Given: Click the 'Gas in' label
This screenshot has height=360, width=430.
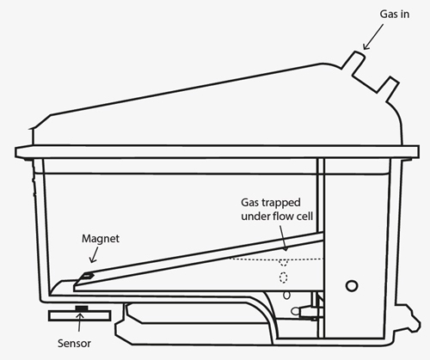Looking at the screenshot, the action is (x=394, y=15).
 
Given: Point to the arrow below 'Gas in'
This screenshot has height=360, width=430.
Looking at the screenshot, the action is (x=373, y=37).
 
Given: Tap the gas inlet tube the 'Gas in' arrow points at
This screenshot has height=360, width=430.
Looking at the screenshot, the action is (x=353, y=61).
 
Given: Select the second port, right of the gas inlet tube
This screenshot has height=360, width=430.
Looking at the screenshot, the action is (x=388, y=88).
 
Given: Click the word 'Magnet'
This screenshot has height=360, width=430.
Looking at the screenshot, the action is (x=101, y=239).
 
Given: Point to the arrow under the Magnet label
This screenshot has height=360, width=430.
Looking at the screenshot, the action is (x=94, y=255).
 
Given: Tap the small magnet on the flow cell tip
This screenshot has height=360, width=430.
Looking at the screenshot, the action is (x=87, y=276).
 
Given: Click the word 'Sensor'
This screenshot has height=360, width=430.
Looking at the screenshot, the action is (x=74, y=343).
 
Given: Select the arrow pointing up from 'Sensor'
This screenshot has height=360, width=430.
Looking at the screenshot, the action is (x=80, y=322).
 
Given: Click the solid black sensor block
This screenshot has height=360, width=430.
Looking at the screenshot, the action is (x=82, y=308).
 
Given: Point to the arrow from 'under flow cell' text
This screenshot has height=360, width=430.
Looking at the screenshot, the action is (x=283, y=237).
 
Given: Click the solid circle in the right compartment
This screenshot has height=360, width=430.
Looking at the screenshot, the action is (x=352, y=286).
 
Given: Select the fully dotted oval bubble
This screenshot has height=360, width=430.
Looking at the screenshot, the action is (x=284, y=278).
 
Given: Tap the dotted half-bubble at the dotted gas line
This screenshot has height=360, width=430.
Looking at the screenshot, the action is (x=284, y=262).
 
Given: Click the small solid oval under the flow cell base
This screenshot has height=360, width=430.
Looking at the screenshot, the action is (x=286, y=296).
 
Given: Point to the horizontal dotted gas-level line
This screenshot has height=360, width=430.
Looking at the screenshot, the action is (x=277, y=259).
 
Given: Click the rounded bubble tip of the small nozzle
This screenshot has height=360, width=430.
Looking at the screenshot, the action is (x=294, y=311).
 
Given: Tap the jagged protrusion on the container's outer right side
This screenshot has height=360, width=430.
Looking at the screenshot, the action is (x=408, y=318).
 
